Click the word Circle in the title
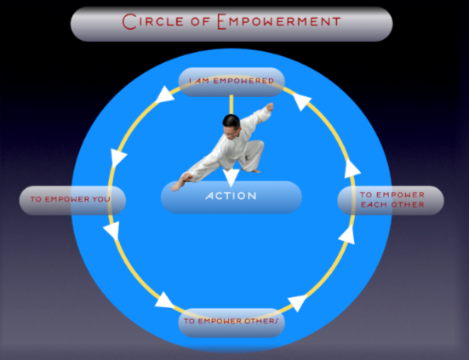153,21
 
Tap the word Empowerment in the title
279,21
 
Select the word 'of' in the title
200,21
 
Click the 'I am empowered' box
232,82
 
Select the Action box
232,197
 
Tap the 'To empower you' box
72,200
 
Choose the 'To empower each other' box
391,200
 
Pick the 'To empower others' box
232,323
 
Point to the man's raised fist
270,106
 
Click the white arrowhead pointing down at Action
232,178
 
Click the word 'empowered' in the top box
243,81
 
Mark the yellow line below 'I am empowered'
232,105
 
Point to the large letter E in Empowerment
221,21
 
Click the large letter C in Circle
129,21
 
